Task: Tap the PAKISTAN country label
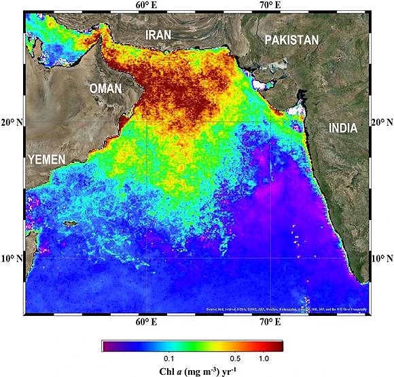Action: click(291, 40)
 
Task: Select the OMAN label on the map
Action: click(105, 88)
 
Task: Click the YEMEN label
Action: click(46, 160)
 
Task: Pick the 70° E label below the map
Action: click(270, 322)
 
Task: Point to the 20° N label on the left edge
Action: click(11, 123)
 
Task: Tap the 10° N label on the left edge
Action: click(11, 259)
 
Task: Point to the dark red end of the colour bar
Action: click(278, 346)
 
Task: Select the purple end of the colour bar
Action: click(107, 346)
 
